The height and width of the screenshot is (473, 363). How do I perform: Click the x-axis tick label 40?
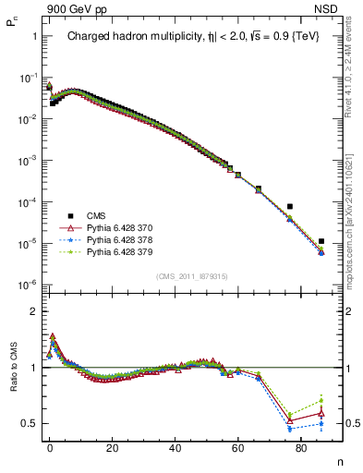[x=175, y=446]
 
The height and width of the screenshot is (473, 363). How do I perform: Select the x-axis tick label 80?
[x=300, y=446]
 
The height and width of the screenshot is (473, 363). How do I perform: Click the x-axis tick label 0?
[x=50, y=446]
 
